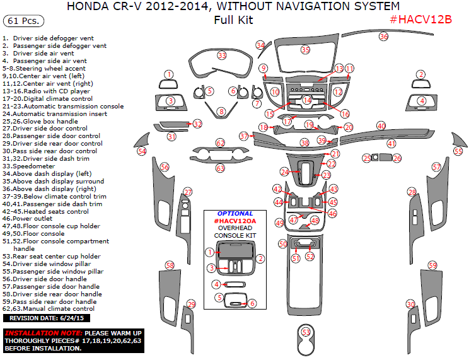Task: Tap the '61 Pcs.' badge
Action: point(23,21)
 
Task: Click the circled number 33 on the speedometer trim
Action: point(222,55)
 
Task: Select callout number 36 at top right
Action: point(383,37)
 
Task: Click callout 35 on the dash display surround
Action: point(305,49)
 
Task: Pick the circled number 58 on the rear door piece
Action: point(170,265)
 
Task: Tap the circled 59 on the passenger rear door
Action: point(432,265)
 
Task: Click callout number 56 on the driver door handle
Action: point(165,167)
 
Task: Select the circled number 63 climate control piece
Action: point(220,168)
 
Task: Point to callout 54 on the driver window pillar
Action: point(142,151)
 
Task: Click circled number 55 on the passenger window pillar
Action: point(458,151)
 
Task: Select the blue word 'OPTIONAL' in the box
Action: point(234,213)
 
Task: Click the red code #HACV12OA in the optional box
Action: point(234,221)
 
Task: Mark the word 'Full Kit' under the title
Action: point(233,20)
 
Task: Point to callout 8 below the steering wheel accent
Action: point(221,112)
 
